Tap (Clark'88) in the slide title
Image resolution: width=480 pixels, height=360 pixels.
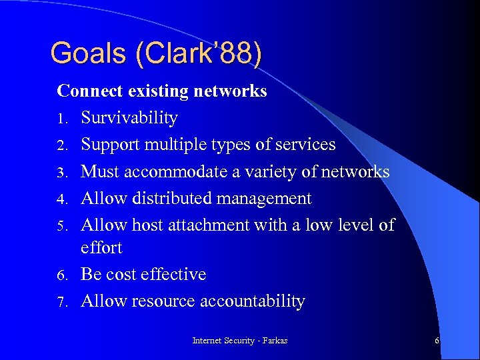[x=199, y=53]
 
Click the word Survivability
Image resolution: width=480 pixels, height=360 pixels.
[x=129, y=118]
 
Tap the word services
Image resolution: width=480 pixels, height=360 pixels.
[x=305, y=145]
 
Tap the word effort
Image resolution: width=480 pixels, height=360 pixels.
[x=101, y=247]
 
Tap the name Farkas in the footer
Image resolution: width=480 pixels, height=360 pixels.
[x=274, y=341]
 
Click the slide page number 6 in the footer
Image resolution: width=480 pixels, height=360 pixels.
[x=437, y=341]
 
